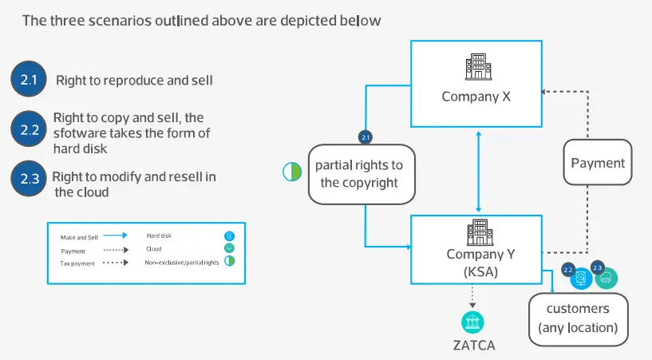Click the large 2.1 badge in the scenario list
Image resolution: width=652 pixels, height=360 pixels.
tap(29, 79)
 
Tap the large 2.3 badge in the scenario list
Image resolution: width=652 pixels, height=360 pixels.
tap(29, 178)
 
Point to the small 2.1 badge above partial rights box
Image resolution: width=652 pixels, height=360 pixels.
tap(365, 138)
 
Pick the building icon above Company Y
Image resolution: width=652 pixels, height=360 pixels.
tap(476, 233)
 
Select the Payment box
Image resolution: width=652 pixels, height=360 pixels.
tap(598, 163)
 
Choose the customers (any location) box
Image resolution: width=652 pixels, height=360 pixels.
tap(578, 318)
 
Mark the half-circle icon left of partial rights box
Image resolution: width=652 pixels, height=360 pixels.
tap(291, 171)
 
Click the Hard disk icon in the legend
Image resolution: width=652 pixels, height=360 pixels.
tap(229, 236)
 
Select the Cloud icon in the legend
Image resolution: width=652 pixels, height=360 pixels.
tap(229, 249)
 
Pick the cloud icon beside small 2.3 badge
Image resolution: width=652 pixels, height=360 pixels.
tap(607, 278)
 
